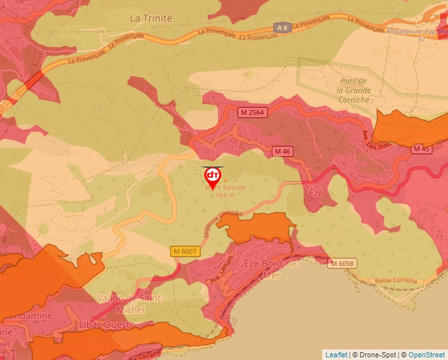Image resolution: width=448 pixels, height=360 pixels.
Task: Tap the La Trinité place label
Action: [x=151, y=18]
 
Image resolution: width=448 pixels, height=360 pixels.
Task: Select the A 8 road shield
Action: [x=282, y=27]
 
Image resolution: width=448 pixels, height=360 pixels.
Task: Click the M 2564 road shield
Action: [x=251, y=113]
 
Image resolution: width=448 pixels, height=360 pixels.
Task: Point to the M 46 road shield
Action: [x=283, y=151]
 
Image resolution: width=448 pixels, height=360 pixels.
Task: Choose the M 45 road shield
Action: [x=422, y=149]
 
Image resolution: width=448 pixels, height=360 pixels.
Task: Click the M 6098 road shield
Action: [x=343, y=263]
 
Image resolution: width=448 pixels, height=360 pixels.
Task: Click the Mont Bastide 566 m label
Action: [x=225, y=191]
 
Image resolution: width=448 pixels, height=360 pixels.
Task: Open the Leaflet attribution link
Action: [x=336, y=355]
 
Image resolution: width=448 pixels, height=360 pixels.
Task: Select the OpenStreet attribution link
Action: [x=426, y=355]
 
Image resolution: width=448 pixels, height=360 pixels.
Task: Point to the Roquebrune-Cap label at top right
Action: [x=413, y=30]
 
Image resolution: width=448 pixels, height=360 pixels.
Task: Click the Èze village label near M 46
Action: [x=315, y=193]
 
